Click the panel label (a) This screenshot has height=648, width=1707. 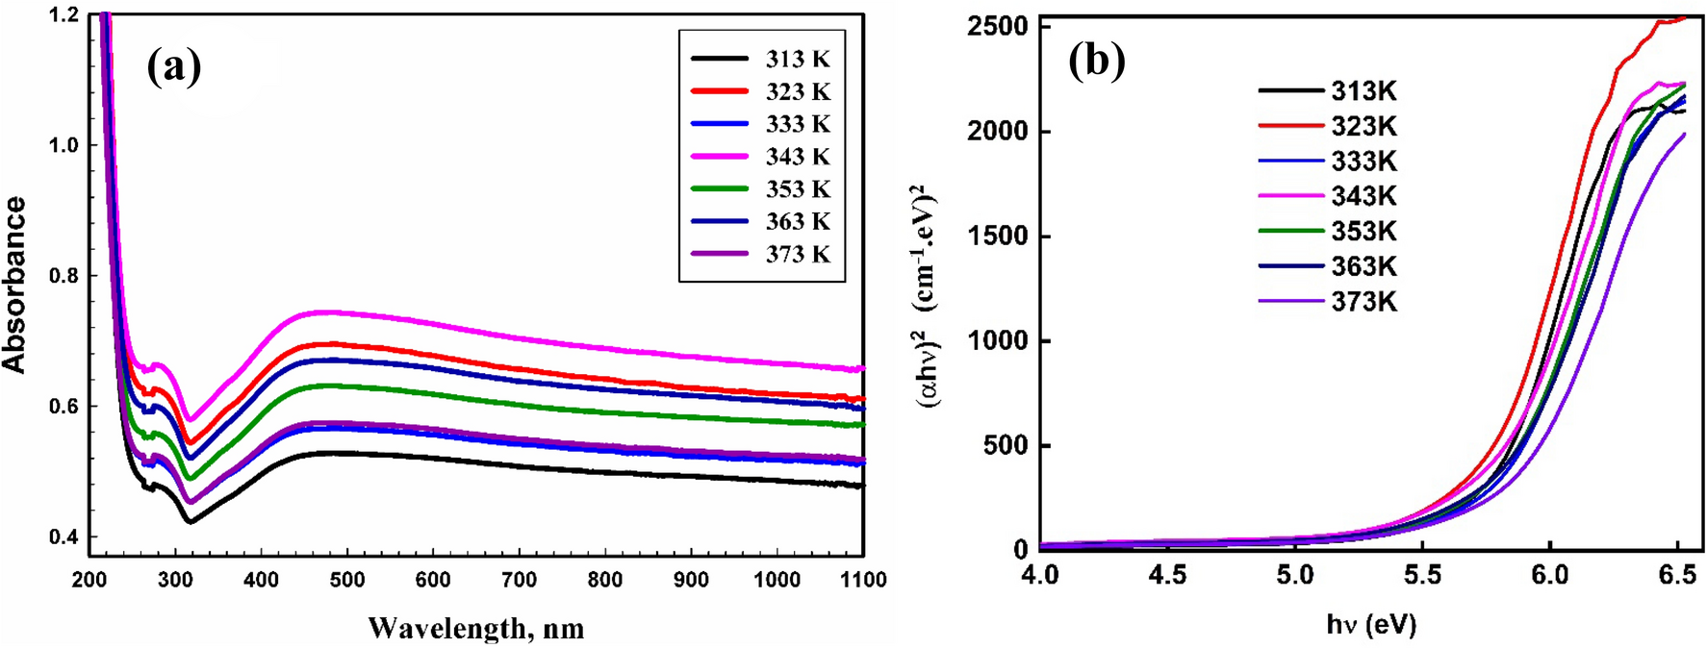[x=174, y=67]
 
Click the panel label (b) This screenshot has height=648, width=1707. [x=1096, y=61]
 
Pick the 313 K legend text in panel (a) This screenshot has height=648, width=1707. [x=798, y=59]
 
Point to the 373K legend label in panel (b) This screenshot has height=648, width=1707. [x=1363, y=302]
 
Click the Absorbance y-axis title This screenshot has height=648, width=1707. [x=13, y=285]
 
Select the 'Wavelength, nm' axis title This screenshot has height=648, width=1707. [x=475, y=629]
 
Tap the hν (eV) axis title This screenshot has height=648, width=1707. [x=1371, y=625]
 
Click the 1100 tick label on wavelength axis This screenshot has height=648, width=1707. [x=862, y=580]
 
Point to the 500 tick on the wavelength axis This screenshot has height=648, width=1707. [x=347, y=580]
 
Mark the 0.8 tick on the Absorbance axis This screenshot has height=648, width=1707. [x=65, y=276]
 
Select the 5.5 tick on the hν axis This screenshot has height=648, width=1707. [x=1422, y=575]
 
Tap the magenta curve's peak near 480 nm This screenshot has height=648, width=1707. [x=332, y=312]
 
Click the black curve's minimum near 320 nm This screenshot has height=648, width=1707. [x=191, y=522]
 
